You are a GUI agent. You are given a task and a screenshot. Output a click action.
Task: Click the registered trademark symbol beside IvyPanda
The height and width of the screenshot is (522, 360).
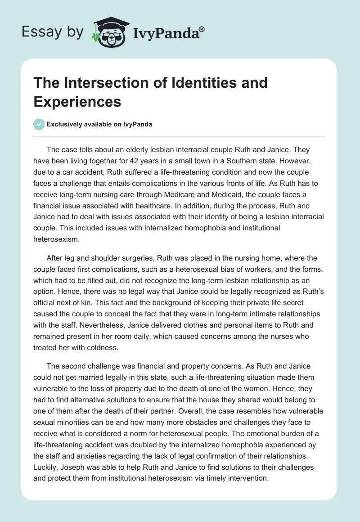[202, 29]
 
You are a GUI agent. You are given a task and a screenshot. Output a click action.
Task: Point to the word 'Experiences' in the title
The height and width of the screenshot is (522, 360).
[77, 102]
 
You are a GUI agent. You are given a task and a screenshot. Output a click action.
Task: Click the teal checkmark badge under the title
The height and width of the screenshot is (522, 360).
[39, 125]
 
